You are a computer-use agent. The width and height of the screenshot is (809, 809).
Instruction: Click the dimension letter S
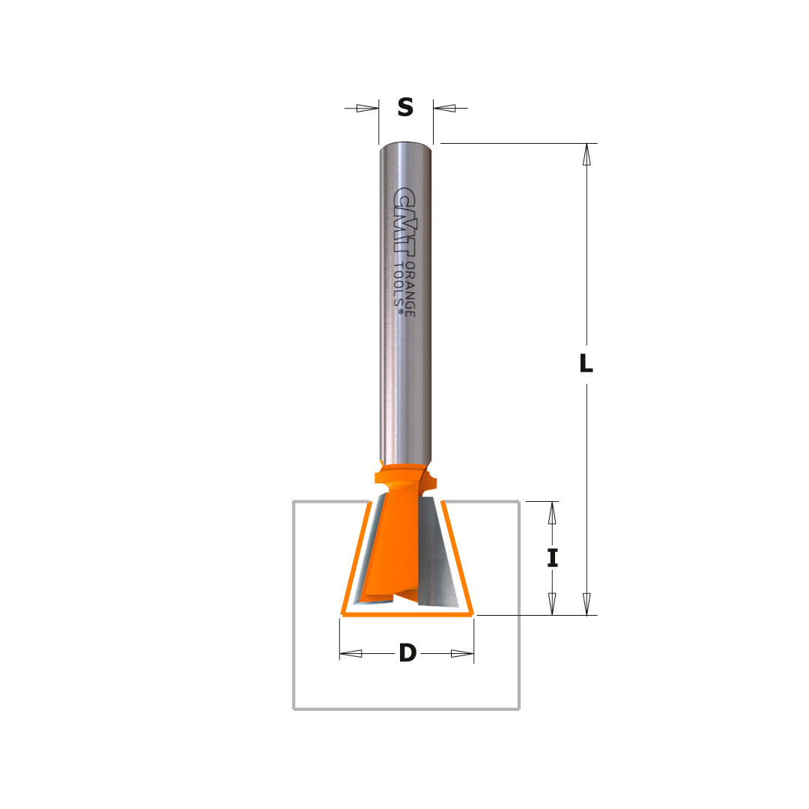(x=405, y=107)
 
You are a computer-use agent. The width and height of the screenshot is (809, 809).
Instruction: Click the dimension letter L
(x=586, y=363)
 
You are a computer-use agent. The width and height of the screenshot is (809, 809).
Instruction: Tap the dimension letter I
(x=553, y=558)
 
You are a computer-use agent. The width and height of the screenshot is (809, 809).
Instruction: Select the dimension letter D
(x=407, y=652)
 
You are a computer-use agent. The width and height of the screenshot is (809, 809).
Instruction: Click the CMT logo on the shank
(x=404, y=221)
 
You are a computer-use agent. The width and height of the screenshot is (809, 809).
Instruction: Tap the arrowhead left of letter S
(x=367, y=109)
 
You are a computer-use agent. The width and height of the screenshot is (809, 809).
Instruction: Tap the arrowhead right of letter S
(x=444, y=109)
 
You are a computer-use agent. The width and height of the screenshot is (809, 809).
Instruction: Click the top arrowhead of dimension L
(x=586, y=154)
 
